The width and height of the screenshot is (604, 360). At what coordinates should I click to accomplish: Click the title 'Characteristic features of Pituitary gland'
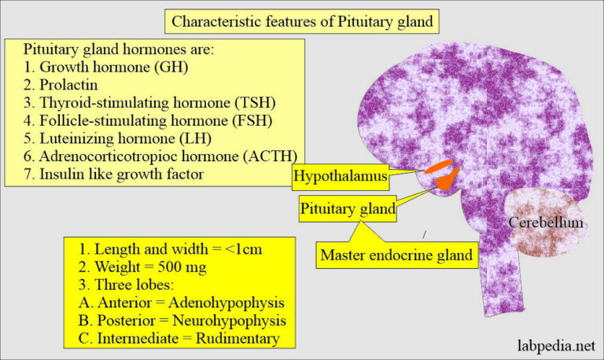(302, 21)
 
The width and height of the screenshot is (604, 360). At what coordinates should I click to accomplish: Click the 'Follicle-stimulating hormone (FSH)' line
(141, 119)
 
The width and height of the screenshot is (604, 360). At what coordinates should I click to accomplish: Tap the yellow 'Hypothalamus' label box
(341, 176)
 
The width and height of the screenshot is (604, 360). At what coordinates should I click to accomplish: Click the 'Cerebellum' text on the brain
(545, 224)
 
